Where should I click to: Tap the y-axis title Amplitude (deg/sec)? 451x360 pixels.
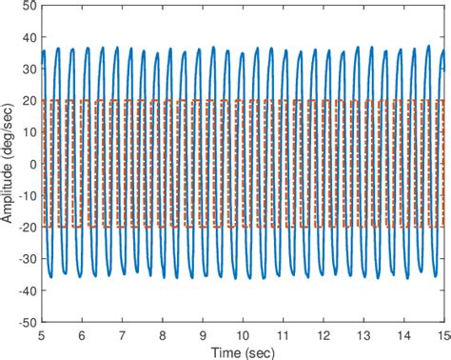tap(9, 164)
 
